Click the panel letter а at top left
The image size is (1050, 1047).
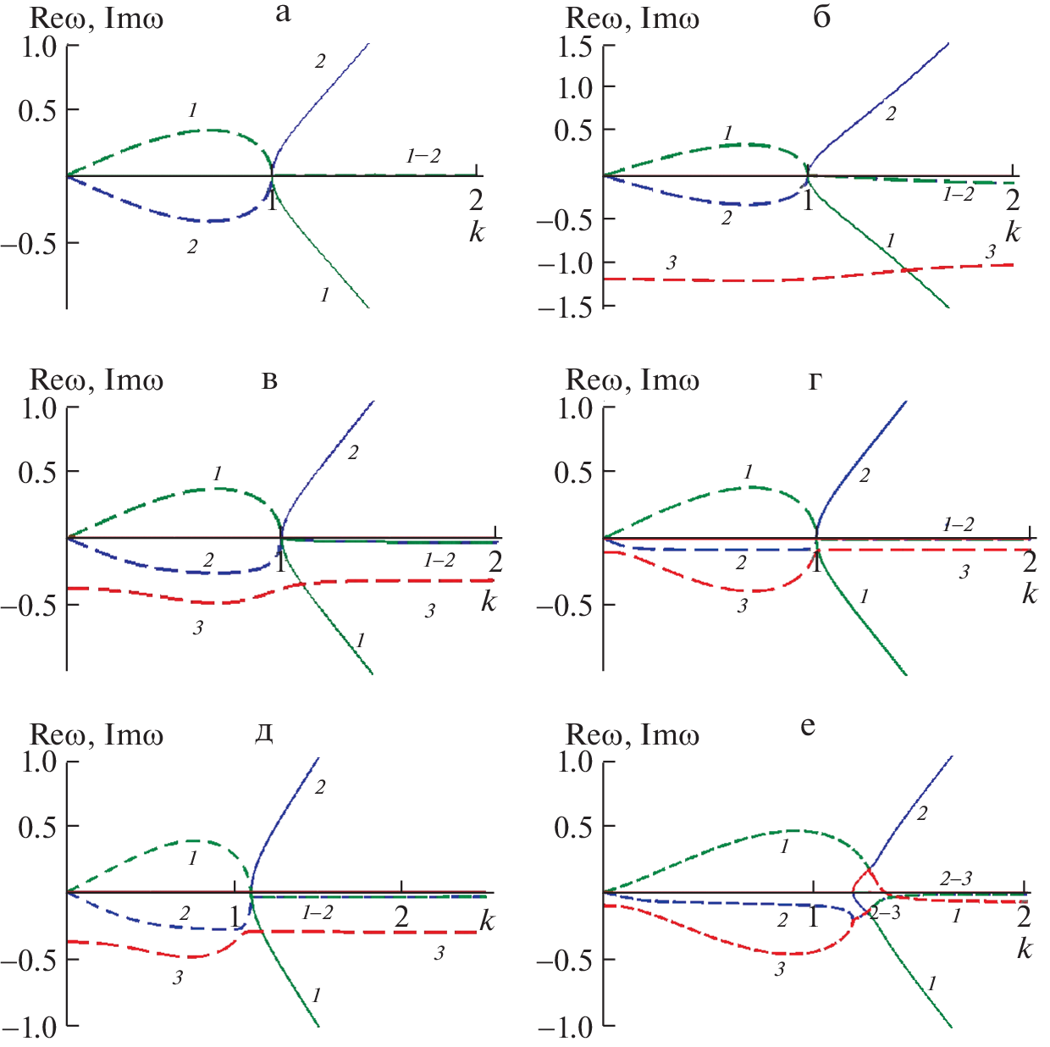point(283,13)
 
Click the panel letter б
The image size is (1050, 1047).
point(821,17)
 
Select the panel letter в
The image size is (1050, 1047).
point(269,379)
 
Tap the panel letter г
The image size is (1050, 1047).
point(815,380)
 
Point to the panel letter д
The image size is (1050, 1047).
point(264,733)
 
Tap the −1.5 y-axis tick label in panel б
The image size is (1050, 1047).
point(564,307)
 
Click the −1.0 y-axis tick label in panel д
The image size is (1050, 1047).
point(29,1028)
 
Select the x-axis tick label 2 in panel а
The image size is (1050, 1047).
point(476,200)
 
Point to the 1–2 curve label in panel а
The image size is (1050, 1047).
point(423,156)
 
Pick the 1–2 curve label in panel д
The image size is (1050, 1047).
point(318,912)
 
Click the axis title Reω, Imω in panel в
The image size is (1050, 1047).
point(97,380)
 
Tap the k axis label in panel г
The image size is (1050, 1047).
point(1029,594)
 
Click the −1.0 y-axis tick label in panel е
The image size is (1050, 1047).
point(564,1028)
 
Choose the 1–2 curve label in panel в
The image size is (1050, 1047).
point(439,560)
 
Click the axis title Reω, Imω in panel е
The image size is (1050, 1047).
point(632,734)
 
